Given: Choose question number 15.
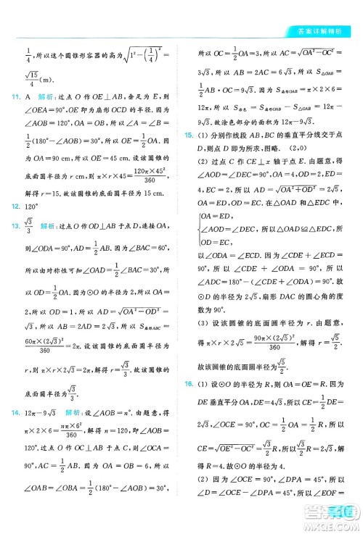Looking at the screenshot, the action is [188, 135].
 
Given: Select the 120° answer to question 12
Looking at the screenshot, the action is [33, 206].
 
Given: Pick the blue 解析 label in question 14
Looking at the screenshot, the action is [73, 412].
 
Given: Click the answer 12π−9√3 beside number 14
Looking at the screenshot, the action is [41, 412].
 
